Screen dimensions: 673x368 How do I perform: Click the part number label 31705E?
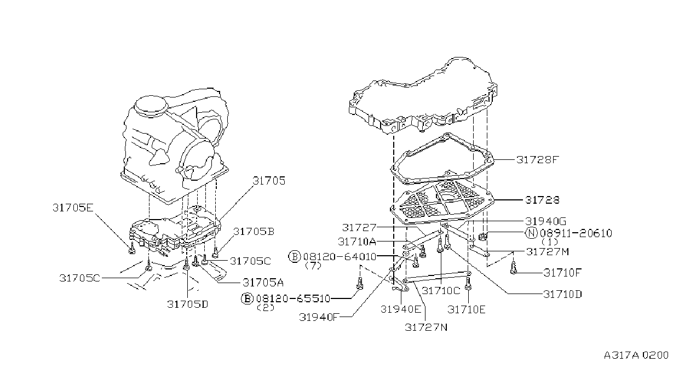pyautogui.click(x=73, y=208)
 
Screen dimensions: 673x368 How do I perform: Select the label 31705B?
pyautogui.click(x=254, y=231)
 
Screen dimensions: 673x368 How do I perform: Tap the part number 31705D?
pyautogui.click(x=187, y=304)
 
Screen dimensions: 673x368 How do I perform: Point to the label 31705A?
pyautogui.click(x=263, y=283)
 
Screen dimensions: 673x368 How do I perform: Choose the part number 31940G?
pyautogui.click(x=545, y=221)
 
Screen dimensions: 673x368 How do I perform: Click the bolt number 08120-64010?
pyautogui.click(x=340, y=256)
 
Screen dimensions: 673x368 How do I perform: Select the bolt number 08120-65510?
pyautogui.click(x=293, y=298)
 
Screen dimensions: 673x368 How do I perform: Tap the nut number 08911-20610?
pyautogui.click(x=576, y=233)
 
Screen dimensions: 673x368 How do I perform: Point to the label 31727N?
pyautogui.click(x=426, y=327)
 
